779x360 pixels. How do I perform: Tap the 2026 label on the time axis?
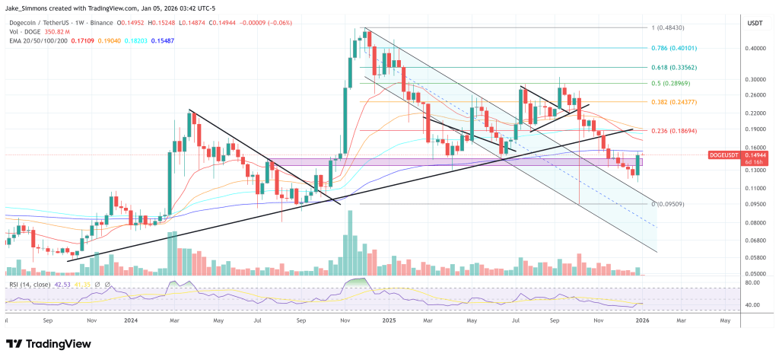click(643, 321)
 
